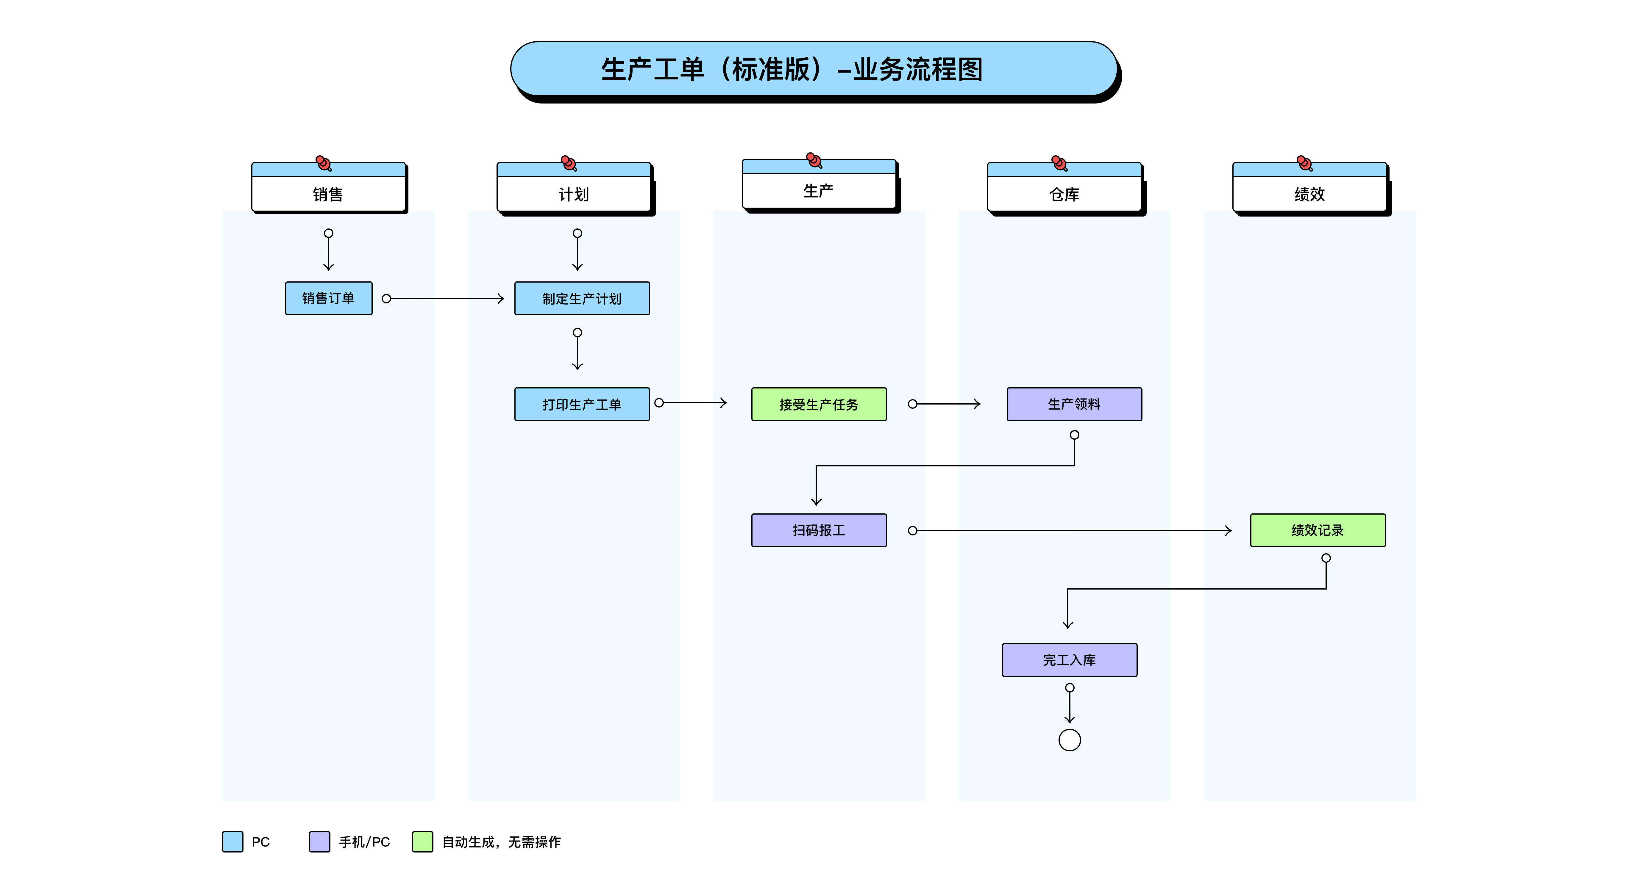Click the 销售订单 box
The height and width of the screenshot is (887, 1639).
pyautogui.click(x=328, y=298)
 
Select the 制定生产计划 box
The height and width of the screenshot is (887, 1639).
pyautogui.click(x=582, y=298)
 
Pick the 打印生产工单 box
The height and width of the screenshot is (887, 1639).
pyautogui.click(x=582, y=405)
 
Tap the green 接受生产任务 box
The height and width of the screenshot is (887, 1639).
pyautogui.click(x=819, y=405)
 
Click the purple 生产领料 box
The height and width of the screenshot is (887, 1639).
pyautogui.click(x=1074, y=405)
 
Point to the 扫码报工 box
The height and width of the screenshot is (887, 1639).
pyautogui.click(x=819, y=530)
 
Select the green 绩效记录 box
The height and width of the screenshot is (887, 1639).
pyautogui.click(x=1317, y=530)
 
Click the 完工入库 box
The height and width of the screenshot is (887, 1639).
pyautogui.click(x=1070, y=660)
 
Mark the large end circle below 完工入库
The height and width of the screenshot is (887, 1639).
pyautogui.click(x=1070, y=740)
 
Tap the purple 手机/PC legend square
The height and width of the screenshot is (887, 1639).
pyautogui.click(x=319, y=841)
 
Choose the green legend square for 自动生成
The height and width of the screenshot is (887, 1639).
pyautogui.click(x=422, y=841)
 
